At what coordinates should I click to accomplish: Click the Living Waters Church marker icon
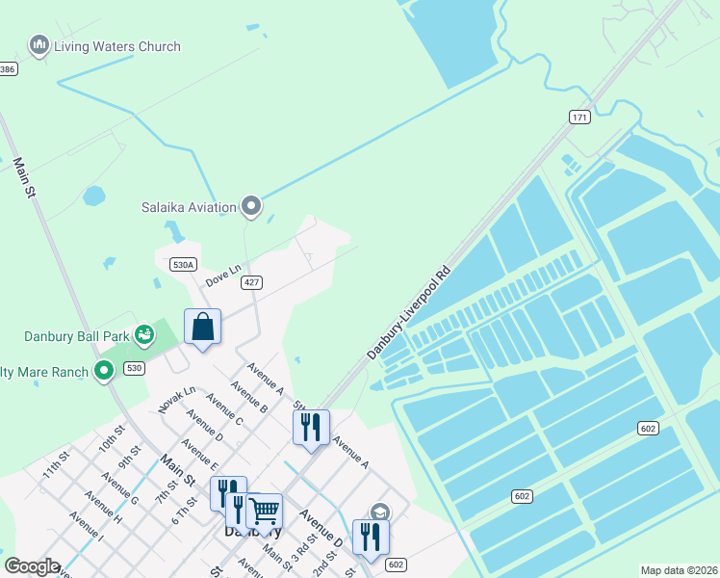pyautogui.click(x=39, y=44)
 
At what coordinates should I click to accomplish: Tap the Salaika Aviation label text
pyautogui.click(x=189, y=207)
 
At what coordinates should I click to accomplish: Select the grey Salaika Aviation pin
pyautogui.click(x=251, y=205)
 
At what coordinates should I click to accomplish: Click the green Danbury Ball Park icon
pyautogui.click(x=144, y=335)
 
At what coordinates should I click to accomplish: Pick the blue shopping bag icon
pyautogui.click(x=203, y=328)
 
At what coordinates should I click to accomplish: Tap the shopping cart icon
pyautogui.click(x=264, y=511)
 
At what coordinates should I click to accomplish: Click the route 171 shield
pyautogui.click(x=579, y=117)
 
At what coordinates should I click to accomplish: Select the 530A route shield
pyautogui.click(x=183, y=264)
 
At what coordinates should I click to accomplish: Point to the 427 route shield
pyautogui.click(x=250, y=282)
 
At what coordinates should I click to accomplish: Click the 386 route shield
pyautogui.click(x=8, y=68)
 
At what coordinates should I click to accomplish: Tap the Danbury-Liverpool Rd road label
pyautogui.click(x=409, y=314)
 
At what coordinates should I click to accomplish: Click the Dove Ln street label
pyautogui.click(x=221, y=276)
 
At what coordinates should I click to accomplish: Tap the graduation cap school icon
pyautogui.click(x=380, y=512)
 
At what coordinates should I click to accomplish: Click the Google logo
pyautogui.click(x=32, y=566)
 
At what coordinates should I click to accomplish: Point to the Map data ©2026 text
pyautogui.click(x=679, y=570)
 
